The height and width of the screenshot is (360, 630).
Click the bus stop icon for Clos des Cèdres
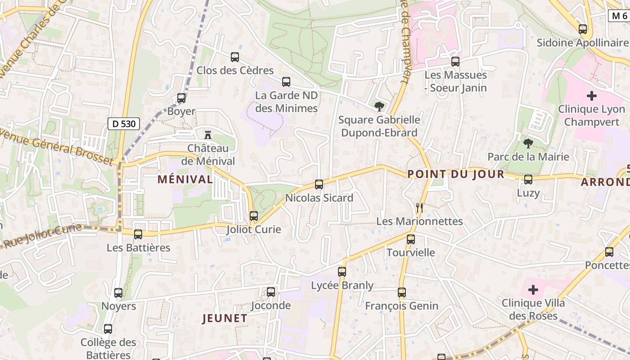[x=234, y=57]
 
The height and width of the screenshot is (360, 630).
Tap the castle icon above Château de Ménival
[x=208, y=134]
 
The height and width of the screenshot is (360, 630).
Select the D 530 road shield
[x=124, y=124]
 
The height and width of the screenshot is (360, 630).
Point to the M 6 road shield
[x=619, y=16]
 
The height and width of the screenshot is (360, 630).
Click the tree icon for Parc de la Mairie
[x=528, y=144]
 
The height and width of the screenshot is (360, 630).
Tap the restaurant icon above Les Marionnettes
[x=419, y=207]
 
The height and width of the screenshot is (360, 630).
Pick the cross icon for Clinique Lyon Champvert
[x=592, y=96]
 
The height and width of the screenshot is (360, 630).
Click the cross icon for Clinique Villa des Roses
[x=533, y=290]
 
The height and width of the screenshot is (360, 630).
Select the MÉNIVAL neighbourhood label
[x=185, y=179]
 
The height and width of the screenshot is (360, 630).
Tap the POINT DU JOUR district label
[x=455, y=174]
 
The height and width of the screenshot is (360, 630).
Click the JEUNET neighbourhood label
[x=225, y=319]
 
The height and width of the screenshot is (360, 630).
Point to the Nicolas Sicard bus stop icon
[x=319, y=184]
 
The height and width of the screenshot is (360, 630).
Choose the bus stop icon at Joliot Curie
[x=254, y=216]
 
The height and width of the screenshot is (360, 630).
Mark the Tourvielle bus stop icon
[x=411, y=239]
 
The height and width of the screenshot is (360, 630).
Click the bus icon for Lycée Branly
[x=342, y=272]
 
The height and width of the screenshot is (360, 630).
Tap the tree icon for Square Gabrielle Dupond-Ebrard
[x=379, y=107]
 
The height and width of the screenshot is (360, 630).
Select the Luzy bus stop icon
[x=528, y=180]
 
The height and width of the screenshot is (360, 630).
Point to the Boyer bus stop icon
[x=181, y=98]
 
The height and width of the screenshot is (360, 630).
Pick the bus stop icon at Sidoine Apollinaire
[x=583, y=30]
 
